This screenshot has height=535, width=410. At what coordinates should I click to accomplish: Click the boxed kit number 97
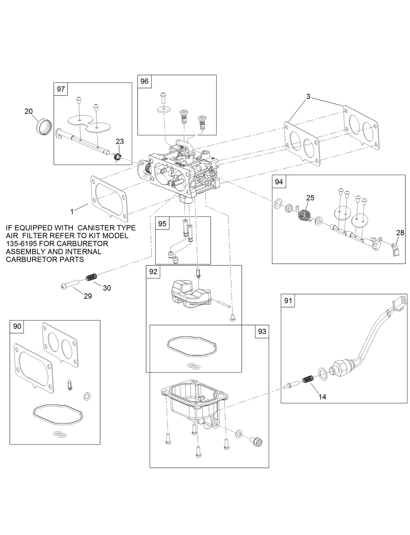[61, 89]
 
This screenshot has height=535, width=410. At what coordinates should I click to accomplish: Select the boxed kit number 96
[144, 81]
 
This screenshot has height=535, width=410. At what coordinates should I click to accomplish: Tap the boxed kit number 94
[279, 182]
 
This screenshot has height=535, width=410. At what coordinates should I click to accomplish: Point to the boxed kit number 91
[288, 301]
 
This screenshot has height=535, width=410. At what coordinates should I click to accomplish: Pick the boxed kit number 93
[262, 331]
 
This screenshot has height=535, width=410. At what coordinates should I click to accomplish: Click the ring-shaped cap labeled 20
[43, 126]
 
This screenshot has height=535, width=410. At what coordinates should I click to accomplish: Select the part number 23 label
[120, 141]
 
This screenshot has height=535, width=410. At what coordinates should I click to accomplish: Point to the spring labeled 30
[92, 277]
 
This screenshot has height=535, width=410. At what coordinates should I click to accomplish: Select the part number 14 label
[322, 397]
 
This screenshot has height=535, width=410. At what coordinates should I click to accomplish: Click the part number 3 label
[308, 96]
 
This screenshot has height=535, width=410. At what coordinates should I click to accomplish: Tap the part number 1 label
[72, 212]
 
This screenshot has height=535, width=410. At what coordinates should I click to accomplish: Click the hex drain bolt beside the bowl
[255, 442]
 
